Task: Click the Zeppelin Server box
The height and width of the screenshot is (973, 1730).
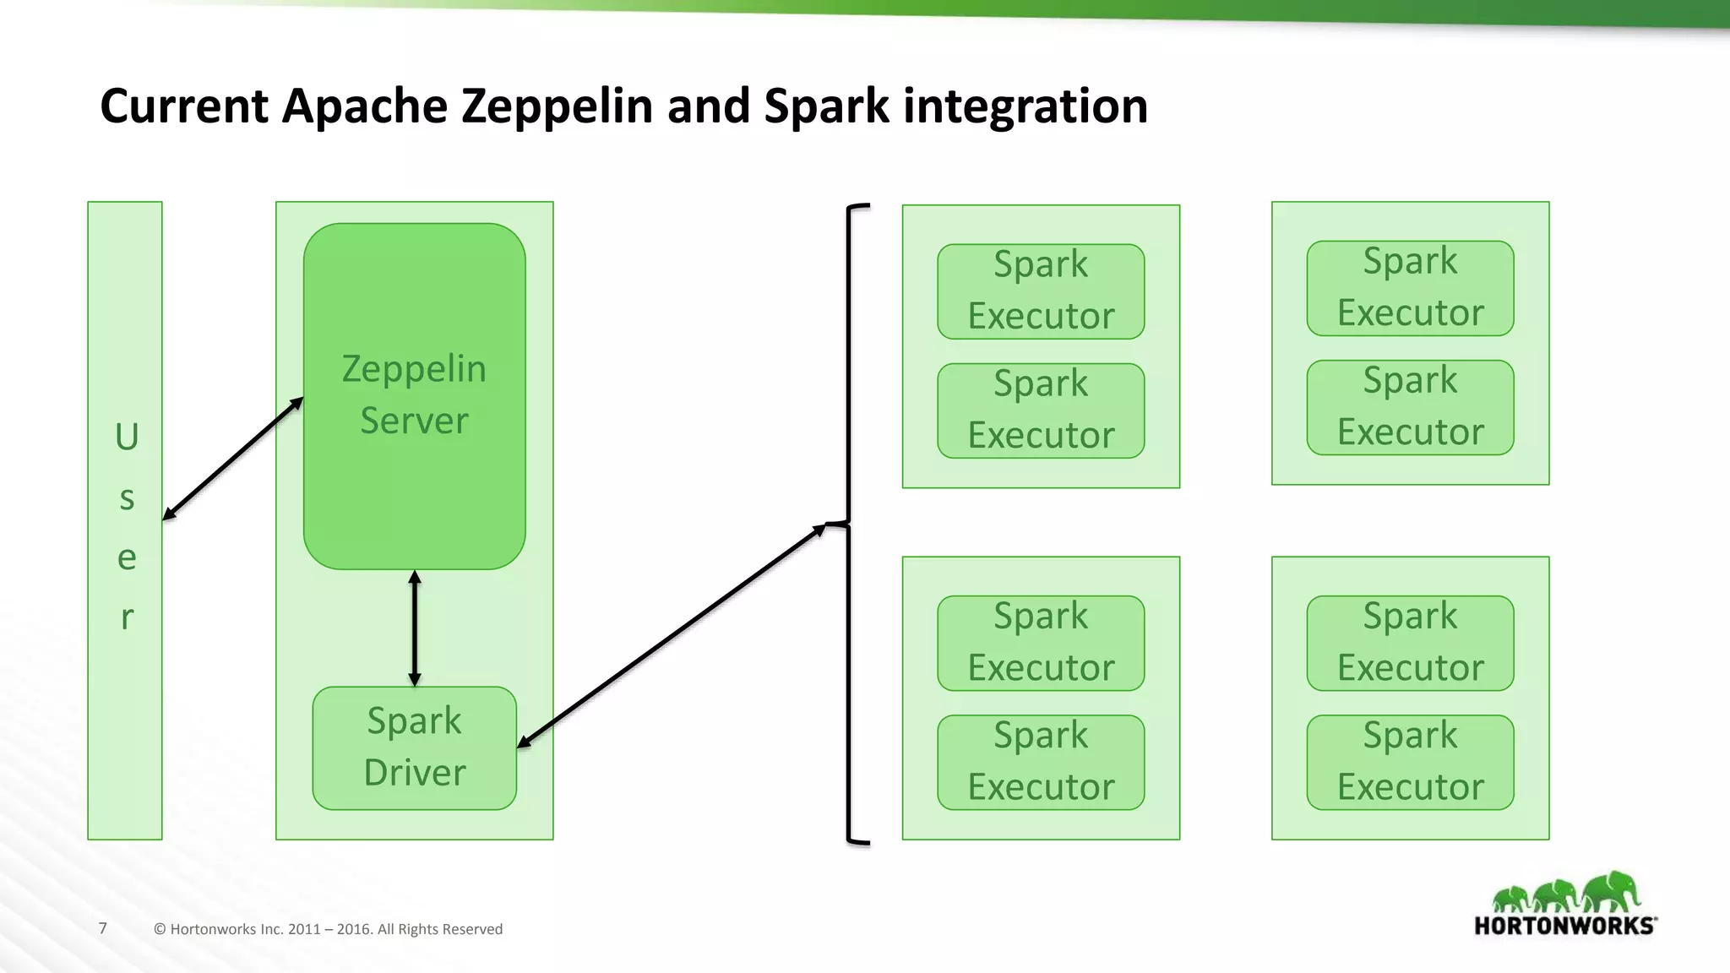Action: coord(414,395)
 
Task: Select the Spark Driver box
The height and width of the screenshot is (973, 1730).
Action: coord(414,747)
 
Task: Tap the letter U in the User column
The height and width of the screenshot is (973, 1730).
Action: coord(127,438)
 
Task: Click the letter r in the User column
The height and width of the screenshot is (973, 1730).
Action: coord(127,617)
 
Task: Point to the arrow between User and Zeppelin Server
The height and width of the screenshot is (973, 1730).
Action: coord(232,459)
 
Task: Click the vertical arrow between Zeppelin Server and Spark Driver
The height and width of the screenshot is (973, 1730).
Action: coord(414,628)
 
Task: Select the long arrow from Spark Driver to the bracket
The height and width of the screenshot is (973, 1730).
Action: coord(672,634)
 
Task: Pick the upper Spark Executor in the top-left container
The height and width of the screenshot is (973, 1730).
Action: coord(1041,291)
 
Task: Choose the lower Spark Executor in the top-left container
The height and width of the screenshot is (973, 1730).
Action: coord(1041,410)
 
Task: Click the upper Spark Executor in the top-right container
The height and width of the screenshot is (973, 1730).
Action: coord(1410,288)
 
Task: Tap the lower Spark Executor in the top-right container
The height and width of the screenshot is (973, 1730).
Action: coord(1410,407)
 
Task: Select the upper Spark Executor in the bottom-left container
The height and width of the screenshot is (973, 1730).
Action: coord(1041,643)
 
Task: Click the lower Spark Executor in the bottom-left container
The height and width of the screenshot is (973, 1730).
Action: coord(1041,762)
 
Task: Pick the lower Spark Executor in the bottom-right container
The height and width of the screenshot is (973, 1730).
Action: coord(1410,762)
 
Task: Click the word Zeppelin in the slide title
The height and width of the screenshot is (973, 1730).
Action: coord(558,107)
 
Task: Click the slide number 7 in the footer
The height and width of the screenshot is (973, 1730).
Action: coord(103,928)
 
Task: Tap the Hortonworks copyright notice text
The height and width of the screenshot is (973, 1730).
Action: coord(328,929)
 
